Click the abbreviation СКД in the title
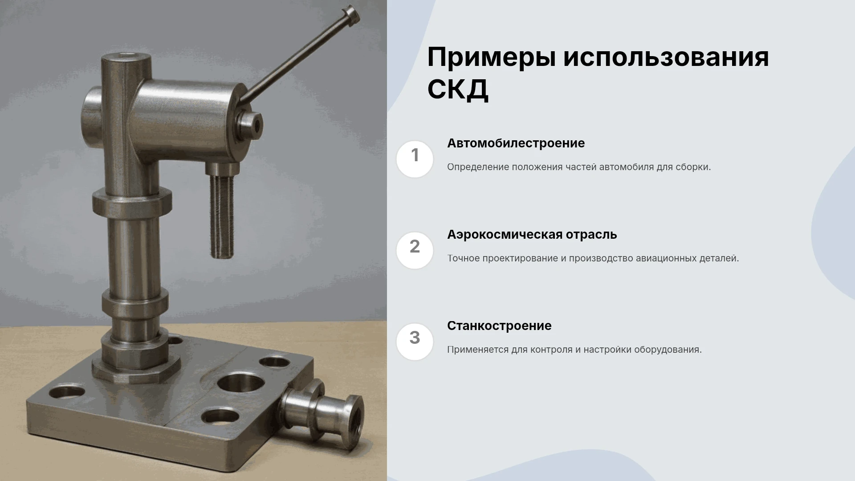[x=458, y=89]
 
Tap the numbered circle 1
[x=415, y=159]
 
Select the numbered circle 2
[x=415, y=250]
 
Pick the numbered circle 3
[x=415, y=342]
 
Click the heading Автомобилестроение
[x=516, y=143]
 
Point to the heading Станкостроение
[x=499, y=326]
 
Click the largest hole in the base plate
[x=240, y=383]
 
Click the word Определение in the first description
[x=478, y=167]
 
